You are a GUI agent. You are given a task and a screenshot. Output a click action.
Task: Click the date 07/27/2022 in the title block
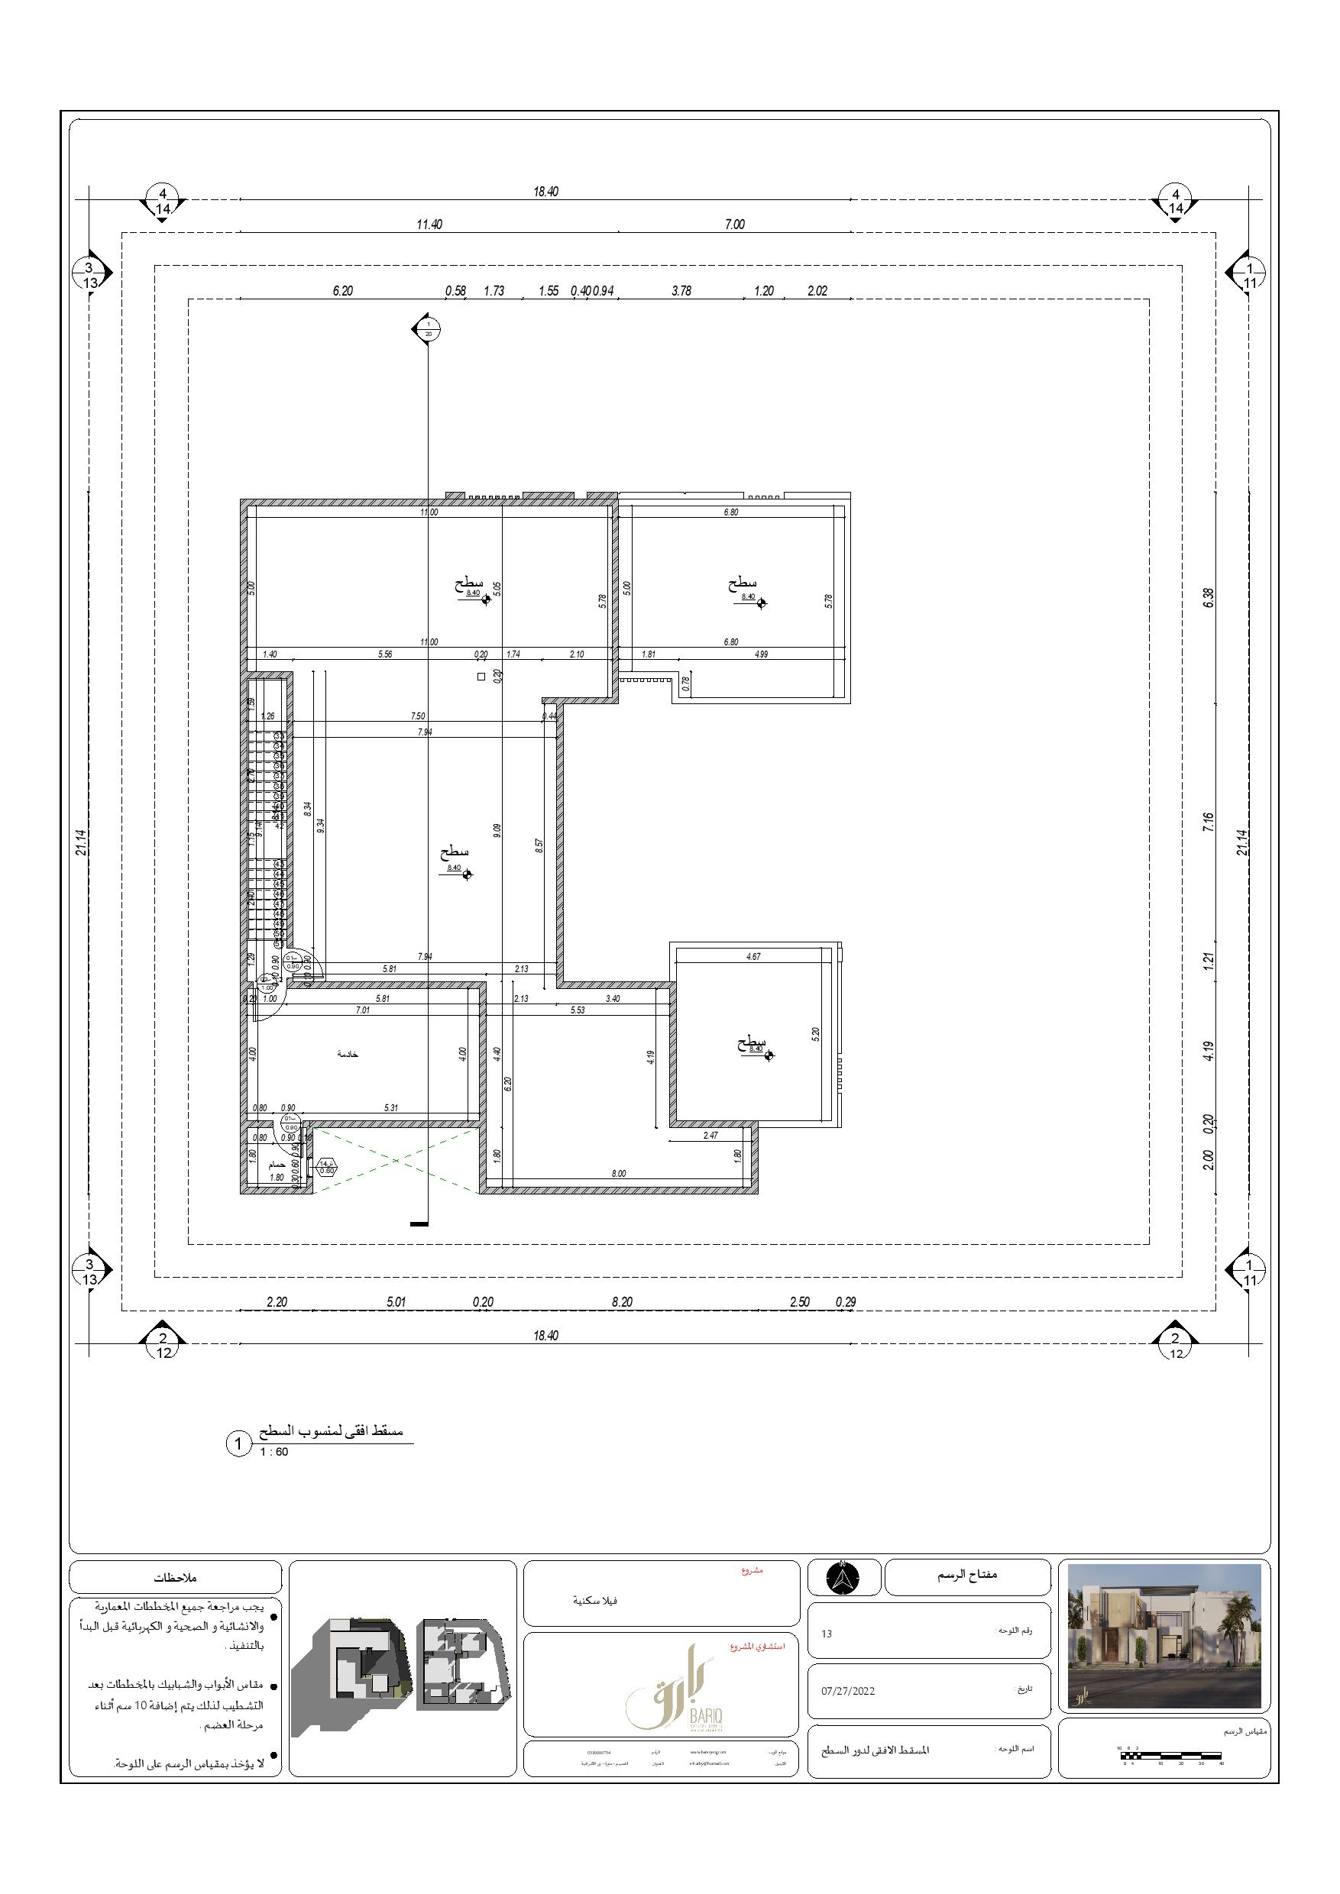[x=847, y=1691]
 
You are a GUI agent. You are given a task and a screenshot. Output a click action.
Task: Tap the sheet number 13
[x=827, y=1634]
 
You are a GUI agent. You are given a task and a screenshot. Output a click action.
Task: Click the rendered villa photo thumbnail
[x=1164, y=1636]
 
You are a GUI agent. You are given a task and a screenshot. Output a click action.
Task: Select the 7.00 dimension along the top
[x=734, y=225]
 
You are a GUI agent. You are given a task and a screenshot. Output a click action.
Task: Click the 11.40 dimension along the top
[x=429, y=225]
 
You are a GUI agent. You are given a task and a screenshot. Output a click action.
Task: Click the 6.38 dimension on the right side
[x=1209, y=597]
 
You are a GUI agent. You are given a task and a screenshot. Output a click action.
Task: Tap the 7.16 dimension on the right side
[x=1209, y=822]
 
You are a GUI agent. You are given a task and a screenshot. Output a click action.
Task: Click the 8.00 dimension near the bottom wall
[x=619, y=1173]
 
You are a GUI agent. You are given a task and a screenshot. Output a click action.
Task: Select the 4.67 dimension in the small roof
[x=753, y=957]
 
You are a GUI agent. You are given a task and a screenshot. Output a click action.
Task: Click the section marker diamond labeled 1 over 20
[x=426, y=328]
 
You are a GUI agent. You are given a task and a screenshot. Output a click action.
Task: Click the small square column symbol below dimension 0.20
[x=481, y=677]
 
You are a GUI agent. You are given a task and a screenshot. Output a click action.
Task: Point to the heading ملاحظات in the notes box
[x=175, y=1577]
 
